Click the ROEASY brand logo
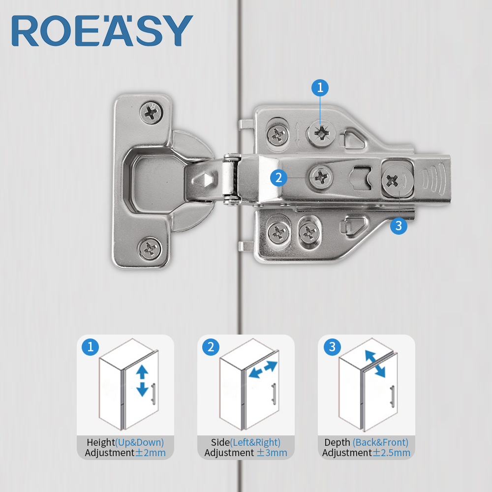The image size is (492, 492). point(102,31)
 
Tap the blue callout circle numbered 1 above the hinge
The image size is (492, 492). point(320,88)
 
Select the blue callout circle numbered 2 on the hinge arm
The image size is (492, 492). point(278,178)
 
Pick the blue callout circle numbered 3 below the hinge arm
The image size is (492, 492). point(399,226)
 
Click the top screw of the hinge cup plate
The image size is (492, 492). point(151,112)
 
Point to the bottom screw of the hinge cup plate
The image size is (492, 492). point(150,249)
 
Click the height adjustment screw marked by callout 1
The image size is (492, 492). point(321,134)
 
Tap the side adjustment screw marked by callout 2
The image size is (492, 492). point(321,178)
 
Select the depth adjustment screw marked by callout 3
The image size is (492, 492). point(397,181)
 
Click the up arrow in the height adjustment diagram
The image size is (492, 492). point(142,371)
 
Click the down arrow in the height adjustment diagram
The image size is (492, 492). point(142,389)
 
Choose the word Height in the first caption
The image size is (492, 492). point(101,442)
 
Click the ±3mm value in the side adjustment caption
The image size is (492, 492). point(272,453)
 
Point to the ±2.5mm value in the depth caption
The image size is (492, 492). point(391,453)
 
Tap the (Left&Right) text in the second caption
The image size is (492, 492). point(255,442)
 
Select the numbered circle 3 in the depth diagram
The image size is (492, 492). point(332,347)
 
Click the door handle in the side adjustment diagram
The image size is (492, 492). point(273,393)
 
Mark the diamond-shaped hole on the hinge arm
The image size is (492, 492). point(205,180)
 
